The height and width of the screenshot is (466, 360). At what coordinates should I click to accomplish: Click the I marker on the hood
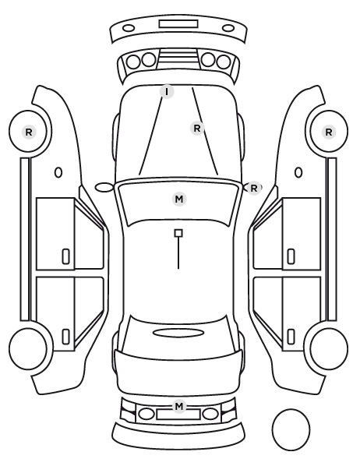point(167,92)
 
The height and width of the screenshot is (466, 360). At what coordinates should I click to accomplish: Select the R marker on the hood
point(197,129)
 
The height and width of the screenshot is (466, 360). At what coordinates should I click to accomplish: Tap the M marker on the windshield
point(179,199)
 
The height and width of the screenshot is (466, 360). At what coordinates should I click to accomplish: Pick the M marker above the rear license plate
point(179,406)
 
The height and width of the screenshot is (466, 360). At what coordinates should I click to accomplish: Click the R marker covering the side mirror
point(254,188)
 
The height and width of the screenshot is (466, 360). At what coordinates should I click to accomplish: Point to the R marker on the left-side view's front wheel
point(29,132)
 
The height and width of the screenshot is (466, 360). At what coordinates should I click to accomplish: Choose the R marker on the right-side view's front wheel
point(329,132)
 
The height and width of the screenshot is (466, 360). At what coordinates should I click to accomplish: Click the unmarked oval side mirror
point(104,188)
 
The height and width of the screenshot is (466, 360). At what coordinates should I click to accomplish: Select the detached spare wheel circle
point(291,430)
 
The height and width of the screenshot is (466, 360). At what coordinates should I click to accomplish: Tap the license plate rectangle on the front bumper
point(178,24)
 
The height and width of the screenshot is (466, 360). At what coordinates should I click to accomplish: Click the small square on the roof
point(178,233)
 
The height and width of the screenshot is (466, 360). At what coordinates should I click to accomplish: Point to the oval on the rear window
point(178,333)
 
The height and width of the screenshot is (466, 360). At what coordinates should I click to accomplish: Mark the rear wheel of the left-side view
point(28,348)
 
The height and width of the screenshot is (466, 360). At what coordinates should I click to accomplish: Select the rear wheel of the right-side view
point(329,348)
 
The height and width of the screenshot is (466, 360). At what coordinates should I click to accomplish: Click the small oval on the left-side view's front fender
point(58,172)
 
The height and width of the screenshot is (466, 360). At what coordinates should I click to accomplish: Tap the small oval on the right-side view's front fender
point(298,172)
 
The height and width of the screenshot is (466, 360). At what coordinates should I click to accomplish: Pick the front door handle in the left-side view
point(65,256)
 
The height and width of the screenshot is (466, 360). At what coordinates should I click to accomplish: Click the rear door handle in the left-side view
point(65,337)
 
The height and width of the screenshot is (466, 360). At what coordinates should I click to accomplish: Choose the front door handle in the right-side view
point(291,256)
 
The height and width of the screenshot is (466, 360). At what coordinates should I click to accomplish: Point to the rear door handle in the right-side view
point(291,337)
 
